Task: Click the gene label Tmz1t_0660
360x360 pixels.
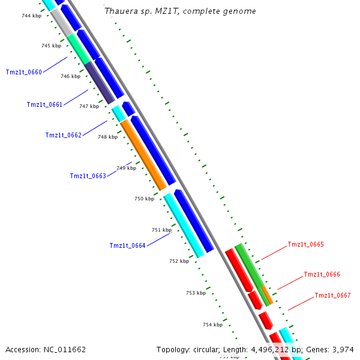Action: (x=24, y=72)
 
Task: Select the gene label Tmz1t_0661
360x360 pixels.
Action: (x=44, y=104)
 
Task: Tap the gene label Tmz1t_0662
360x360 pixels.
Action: (x=63, y=135)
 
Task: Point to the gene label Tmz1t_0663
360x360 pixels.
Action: (x=88, y=176)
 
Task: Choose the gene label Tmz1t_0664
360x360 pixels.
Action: (x=127, y=245)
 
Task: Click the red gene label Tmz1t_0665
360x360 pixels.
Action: (x=305, y=244)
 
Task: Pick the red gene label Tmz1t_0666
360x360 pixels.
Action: (x=322, y=274)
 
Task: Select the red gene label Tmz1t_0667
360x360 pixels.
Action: (x=332, y=295)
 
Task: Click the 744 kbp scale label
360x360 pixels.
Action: (x=31, y=16)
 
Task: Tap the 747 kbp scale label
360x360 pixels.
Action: (x=89, y=106)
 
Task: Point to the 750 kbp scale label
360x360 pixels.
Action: (x=144, y=199)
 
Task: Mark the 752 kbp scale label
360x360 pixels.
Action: (x=179, y=261)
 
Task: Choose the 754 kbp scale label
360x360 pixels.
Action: (x=212, y=325)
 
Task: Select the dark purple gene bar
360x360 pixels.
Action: (x=100, y=83)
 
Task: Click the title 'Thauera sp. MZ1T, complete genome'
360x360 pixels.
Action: (x=180, y=11)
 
